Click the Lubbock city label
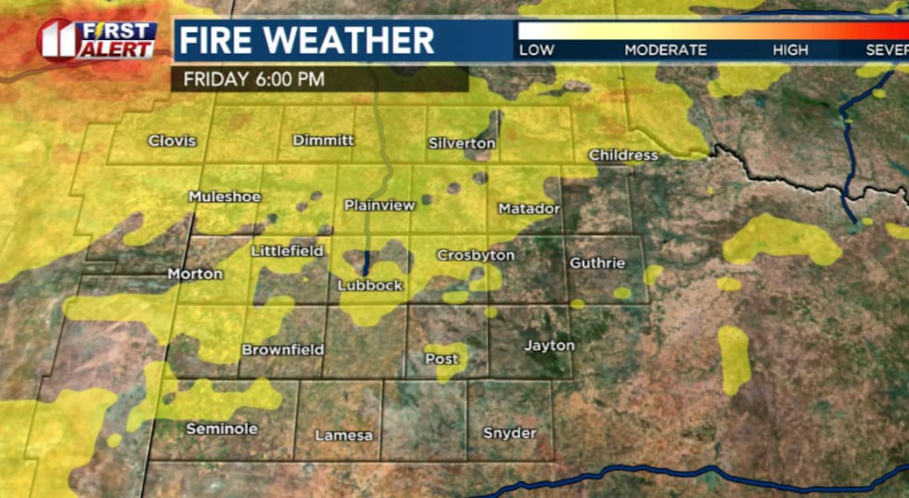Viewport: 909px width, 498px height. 370,286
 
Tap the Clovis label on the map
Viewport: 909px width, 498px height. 173,141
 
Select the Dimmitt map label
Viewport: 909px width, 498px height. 324,140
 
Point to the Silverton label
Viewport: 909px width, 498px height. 462,144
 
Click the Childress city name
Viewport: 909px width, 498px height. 623,156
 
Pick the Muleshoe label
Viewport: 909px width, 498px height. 224,197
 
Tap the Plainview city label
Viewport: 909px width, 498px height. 379,205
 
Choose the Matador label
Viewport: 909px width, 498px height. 530,209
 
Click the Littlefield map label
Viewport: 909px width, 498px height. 288,251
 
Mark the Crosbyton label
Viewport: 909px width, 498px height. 476,255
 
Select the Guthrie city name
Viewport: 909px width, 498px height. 597,263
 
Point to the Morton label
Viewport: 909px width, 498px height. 195,274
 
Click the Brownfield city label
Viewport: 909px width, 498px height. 283,350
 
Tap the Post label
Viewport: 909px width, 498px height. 442,358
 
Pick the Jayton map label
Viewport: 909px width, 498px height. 550,346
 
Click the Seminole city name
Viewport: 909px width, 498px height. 222,429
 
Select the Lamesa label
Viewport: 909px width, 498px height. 343,435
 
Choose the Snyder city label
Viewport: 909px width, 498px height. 510,433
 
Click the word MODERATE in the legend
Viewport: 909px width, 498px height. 665,50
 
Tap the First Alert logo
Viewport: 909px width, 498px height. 97,40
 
